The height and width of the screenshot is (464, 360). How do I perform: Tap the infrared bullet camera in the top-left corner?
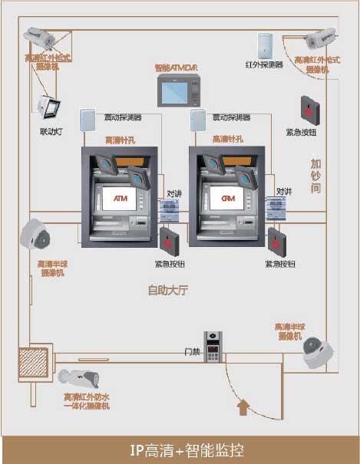pyautogui.click(x=40, y=38)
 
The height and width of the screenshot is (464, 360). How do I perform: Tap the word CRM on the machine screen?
pyautogui.click(x=228, y=199)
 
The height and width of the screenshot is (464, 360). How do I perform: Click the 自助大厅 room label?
pyautogui.click(x=168, y=291)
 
